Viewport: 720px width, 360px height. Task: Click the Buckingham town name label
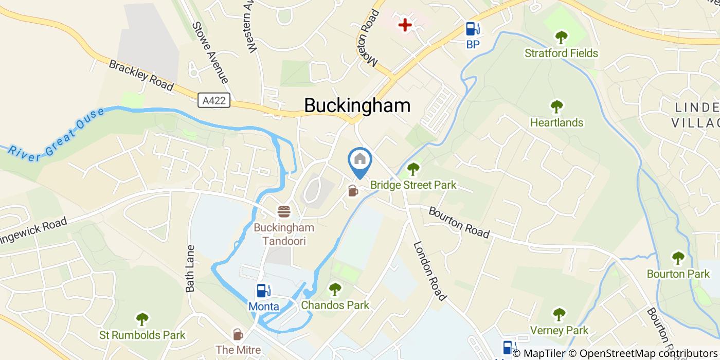[357, 105]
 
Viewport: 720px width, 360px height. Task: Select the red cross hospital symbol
[405, 25]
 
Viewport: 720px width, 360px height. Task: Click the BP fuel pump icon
[473, 29]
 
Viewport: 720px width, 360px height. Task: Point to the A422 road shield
[214, 100]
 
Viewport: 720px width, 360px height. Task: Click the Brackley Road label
[141, 75]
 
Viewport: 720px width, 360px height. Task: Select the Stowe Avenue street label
[210, 52]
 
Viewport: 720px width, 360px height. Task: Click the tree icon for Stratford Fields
[561, 37]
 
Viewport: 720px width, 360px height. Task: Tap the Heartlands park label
[556, 122]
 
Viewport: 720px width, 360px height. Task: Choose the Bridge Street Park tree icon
[413, 169]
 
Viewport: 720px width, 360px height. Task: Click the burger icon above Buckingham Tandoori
[284, 211]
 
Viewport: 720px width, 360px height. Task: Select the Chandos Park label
[335, 305]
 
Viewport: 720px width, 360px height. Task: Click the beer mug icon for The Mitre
[238, 334]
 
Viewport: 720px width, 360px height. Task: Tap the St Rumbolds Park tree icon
[142, 319]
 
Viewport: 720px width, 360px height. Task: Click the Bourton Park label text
[678, 274]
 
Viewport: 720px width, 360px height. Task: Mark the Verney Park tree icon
[559, 314]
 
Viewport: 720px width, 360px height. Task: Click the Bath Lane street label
[191, 268]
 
